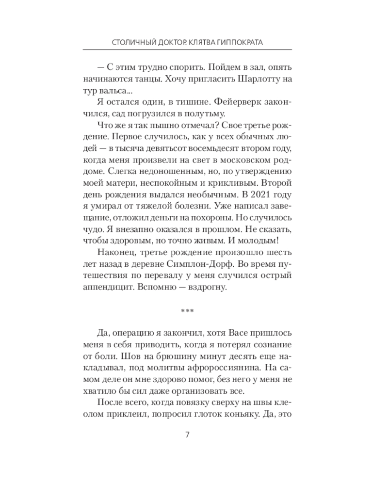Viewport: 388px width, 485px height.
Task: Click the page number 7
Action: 187,434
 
